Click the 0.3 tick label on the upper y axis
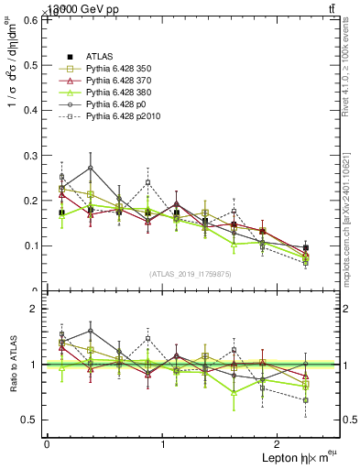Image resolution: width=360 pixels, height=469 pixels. click(x=33, y=155)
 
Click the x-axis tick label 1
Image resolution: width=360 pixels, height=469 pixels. click(x=163, y=443)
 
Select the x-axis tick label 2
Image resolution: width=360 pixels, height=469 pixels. click(x=279, y=443)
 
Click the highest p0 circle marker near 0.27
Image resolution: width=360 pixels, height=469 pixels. click(x=90, y=168)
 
